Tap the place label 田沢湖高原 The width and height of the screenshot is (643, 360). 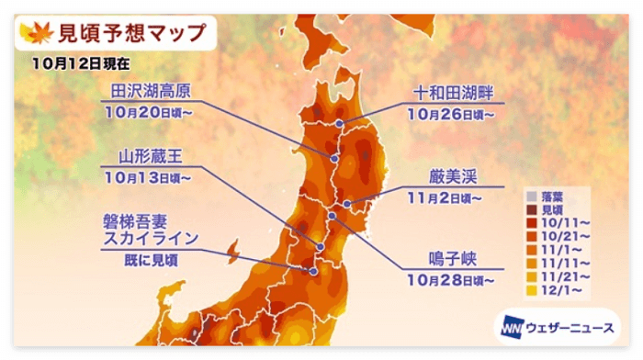click(x=152, y=89)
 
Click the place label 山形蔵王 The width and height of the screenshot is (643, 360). click(x=152, y=155)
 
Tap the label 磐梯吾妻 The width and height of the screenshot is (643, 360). click(x=152, y=221)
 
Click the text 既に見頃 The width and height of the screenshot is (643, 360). click(x=152, y=260)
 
